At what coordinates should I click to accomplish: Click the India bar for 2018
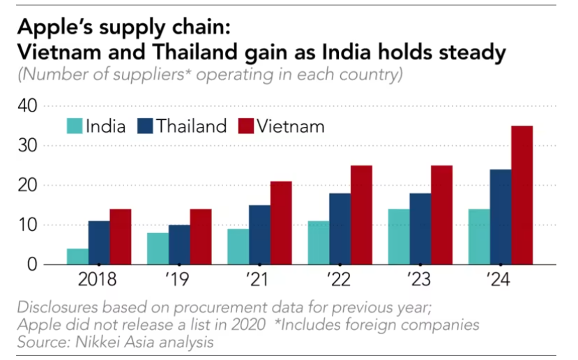[77, 257]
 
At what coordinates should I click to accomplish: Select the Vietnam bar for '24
[522, 195]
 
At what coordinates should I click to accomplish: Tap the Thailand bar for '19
[179, 245]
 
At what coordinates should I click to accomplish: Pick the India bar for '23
[399, 237]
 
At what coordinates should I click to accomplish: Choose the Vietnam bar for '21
[281, 223]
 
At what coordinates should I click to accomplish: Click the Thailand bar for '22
[340, 229]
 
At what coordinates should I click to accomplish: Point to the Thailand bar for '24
[500, 217]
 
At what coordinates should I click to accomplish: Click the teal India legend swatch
[74, 126]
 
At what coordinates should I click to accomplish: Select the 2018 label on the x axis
[99, 281]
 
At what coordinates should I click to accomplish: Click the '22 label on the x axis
[340, 281]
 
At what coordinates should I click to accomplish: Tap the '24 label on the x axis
[500, 281]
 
